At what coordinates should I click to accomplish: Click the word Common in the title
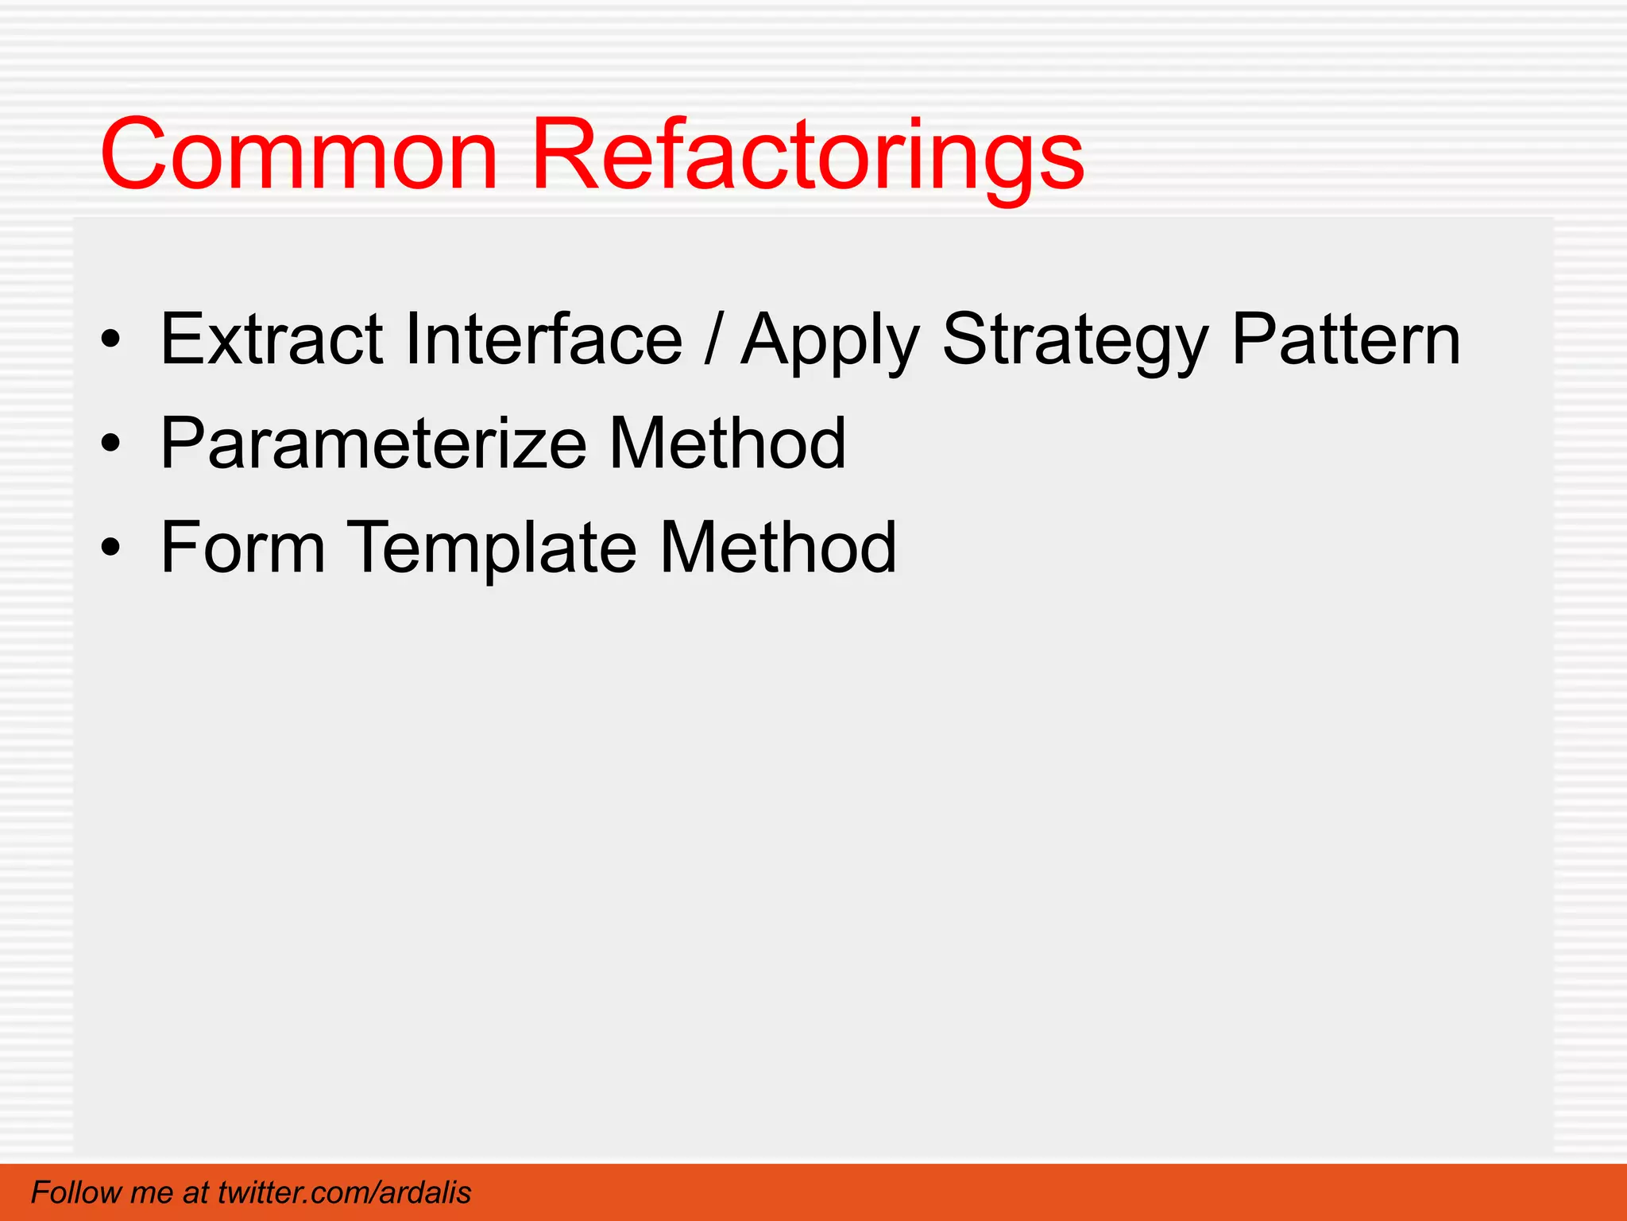coord(299,155)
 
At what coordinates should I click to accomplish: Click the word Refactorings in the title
coord(806,155)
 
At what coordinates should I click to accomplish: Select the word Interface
coord(543,339)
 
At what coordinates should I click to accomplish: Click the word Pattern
coord(1346,339)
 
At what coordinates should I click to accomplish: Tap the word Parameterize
coord(373,444)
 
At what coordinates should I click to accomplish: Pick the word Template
coord(493,548)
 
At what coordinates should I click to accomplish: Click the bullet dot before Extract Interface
coord(111,341)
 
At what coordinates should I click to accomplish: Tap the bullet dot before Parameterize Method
coord(111,444)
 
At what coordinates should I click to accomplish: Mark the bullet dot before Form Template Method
coord(111,548)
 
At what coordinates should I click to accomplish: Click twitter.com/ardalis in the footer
coord(344,1192)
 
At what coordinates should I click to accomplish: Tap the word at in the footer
coord(195,1192)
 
